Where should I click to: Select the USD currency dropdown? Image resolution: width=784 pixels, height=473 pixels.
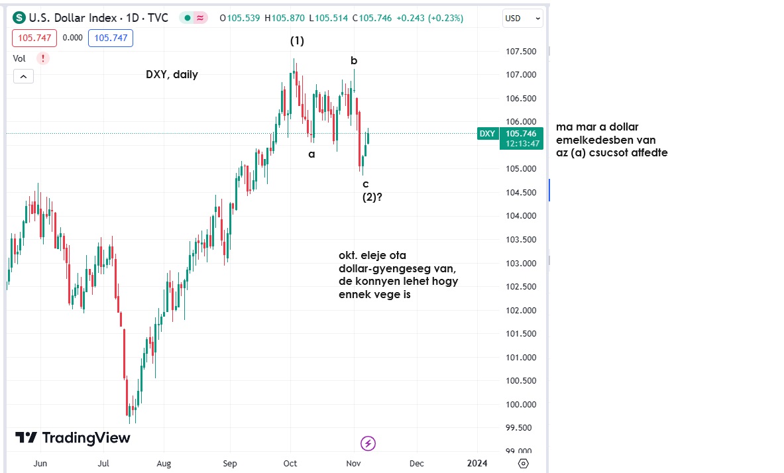(x=523, y=19)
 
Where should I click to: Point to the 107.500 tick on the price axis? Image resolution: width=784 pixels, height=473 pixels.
(x=520, y=52)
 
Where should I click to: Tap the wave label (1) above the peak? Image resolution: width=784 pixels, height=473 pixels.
(x=297, y=41)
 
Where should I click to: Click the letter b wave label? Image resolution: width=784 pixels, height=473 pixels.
(x=354, y=61)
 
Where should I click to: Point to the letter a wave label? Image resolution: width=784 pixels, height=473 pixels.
(x=311, y=154)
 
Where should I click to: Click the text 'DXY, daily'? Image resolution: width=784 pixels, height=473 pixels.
(x=172, y=75)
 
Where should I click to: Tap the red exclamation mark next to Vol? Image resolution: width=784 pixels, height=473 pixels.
(x=43, y=58)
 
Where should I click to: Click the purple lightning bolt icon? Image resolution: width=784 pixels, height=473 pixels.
(x=368, y=443)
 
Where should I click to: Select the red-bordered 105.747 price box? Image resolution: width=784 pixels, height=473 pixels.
(x=34, y=38)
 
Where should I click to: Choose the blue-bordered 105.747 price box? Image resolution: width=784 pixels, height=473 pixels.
(x=111, y=38)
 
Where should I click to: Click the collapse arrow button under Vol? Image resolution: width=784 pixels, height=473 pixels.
(x=23, y=77)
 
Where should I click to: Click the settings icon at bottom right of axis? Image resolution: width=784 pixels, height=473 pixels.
(x=524, y=463)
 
